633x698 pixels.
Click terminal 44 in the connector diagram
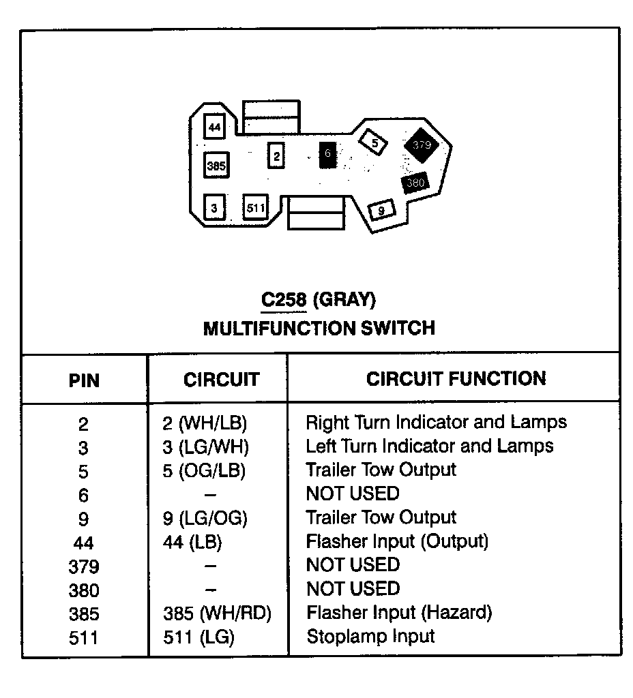point(215,127)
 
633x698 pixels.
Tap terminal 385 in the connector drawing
point(216,166)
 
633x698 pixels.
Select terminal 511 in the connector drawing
point(255,207)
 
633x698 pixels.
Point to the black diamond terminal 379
point(422,145)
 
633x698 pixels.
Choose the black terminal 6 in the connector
point(327,155)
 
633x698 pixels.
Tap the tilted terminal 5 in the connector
point(374,142)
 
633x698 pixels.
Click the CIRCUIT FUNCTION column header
point(456,379)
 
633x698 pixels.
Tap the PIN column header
point(84,380)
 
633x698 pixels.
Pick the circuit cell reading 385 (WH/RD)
point(217,613)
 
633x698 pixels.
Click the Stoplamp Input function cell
point(370,637)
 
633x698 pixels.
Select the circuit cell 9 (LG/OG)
point(205,518)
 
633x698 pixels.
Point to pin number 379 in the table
point(83,566)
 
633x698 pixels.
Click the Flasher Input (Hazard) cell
point(399,613)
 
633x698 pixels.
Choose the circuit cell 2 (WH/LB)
point(205,423)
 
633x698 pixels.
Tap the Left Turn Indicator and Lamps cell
point(430,446)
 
